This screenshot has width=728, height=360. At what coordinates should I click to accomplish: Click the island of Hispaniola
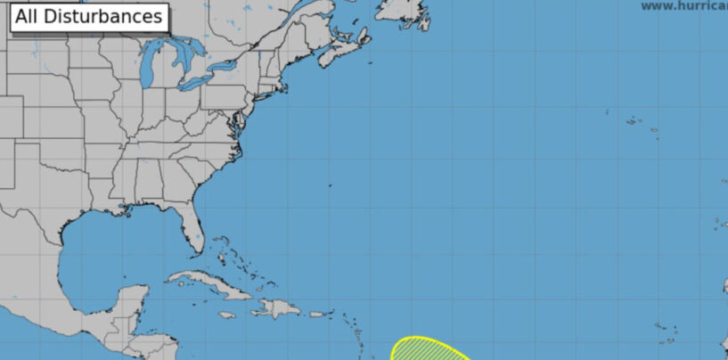[279, 308]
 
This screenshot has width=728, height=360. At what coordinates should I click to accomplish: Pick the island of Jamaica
[227, 315]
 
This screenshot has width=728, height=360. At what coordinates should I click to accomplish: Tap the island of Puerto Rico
[318, 314]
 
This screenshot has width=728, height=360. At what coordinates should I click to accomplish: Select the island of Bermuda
[330, 185]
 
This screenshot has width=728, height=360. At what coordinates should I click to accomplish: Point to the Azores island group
[637, 123]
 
